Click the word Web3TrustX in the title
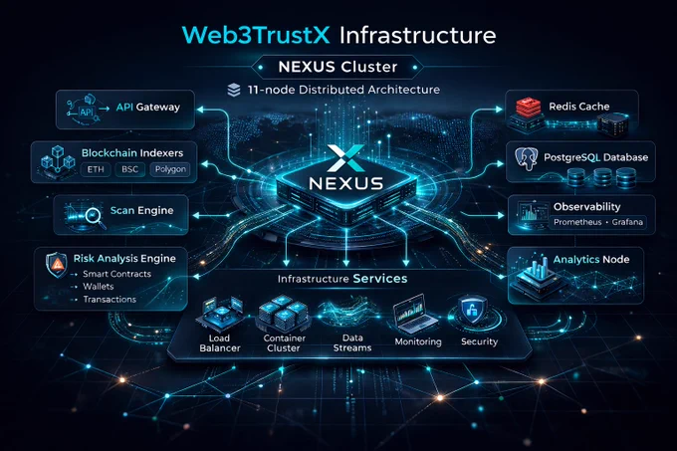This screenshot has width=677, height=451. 256,35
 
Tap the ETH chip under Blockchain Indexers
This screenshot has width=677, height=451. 96,169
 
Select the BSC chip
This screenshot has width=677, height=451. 129,169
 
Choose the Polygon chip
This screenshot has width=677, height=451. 170,169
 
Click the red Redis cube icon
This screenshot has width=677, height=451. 528,108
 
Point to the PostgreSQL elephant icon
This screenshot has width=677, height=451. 527,159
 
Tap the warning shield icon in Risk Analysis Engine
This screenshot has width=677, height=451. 57,264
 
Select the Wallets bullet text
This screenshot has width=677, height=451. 99,287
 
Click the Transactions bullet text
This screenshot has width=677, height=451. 110,300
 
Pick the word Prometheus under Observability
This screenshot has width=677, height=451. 577,222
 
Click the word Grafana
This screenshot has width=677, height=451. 627,222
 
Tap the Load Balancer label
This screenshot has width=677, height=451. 219,343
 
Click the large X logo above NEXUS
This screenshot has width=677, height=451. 346,158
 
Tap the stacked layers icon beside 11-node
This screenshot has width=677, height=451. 234,91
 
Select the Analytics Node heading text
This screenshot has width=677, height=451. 591,260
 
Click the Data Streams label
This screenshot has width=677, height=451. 352,343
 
